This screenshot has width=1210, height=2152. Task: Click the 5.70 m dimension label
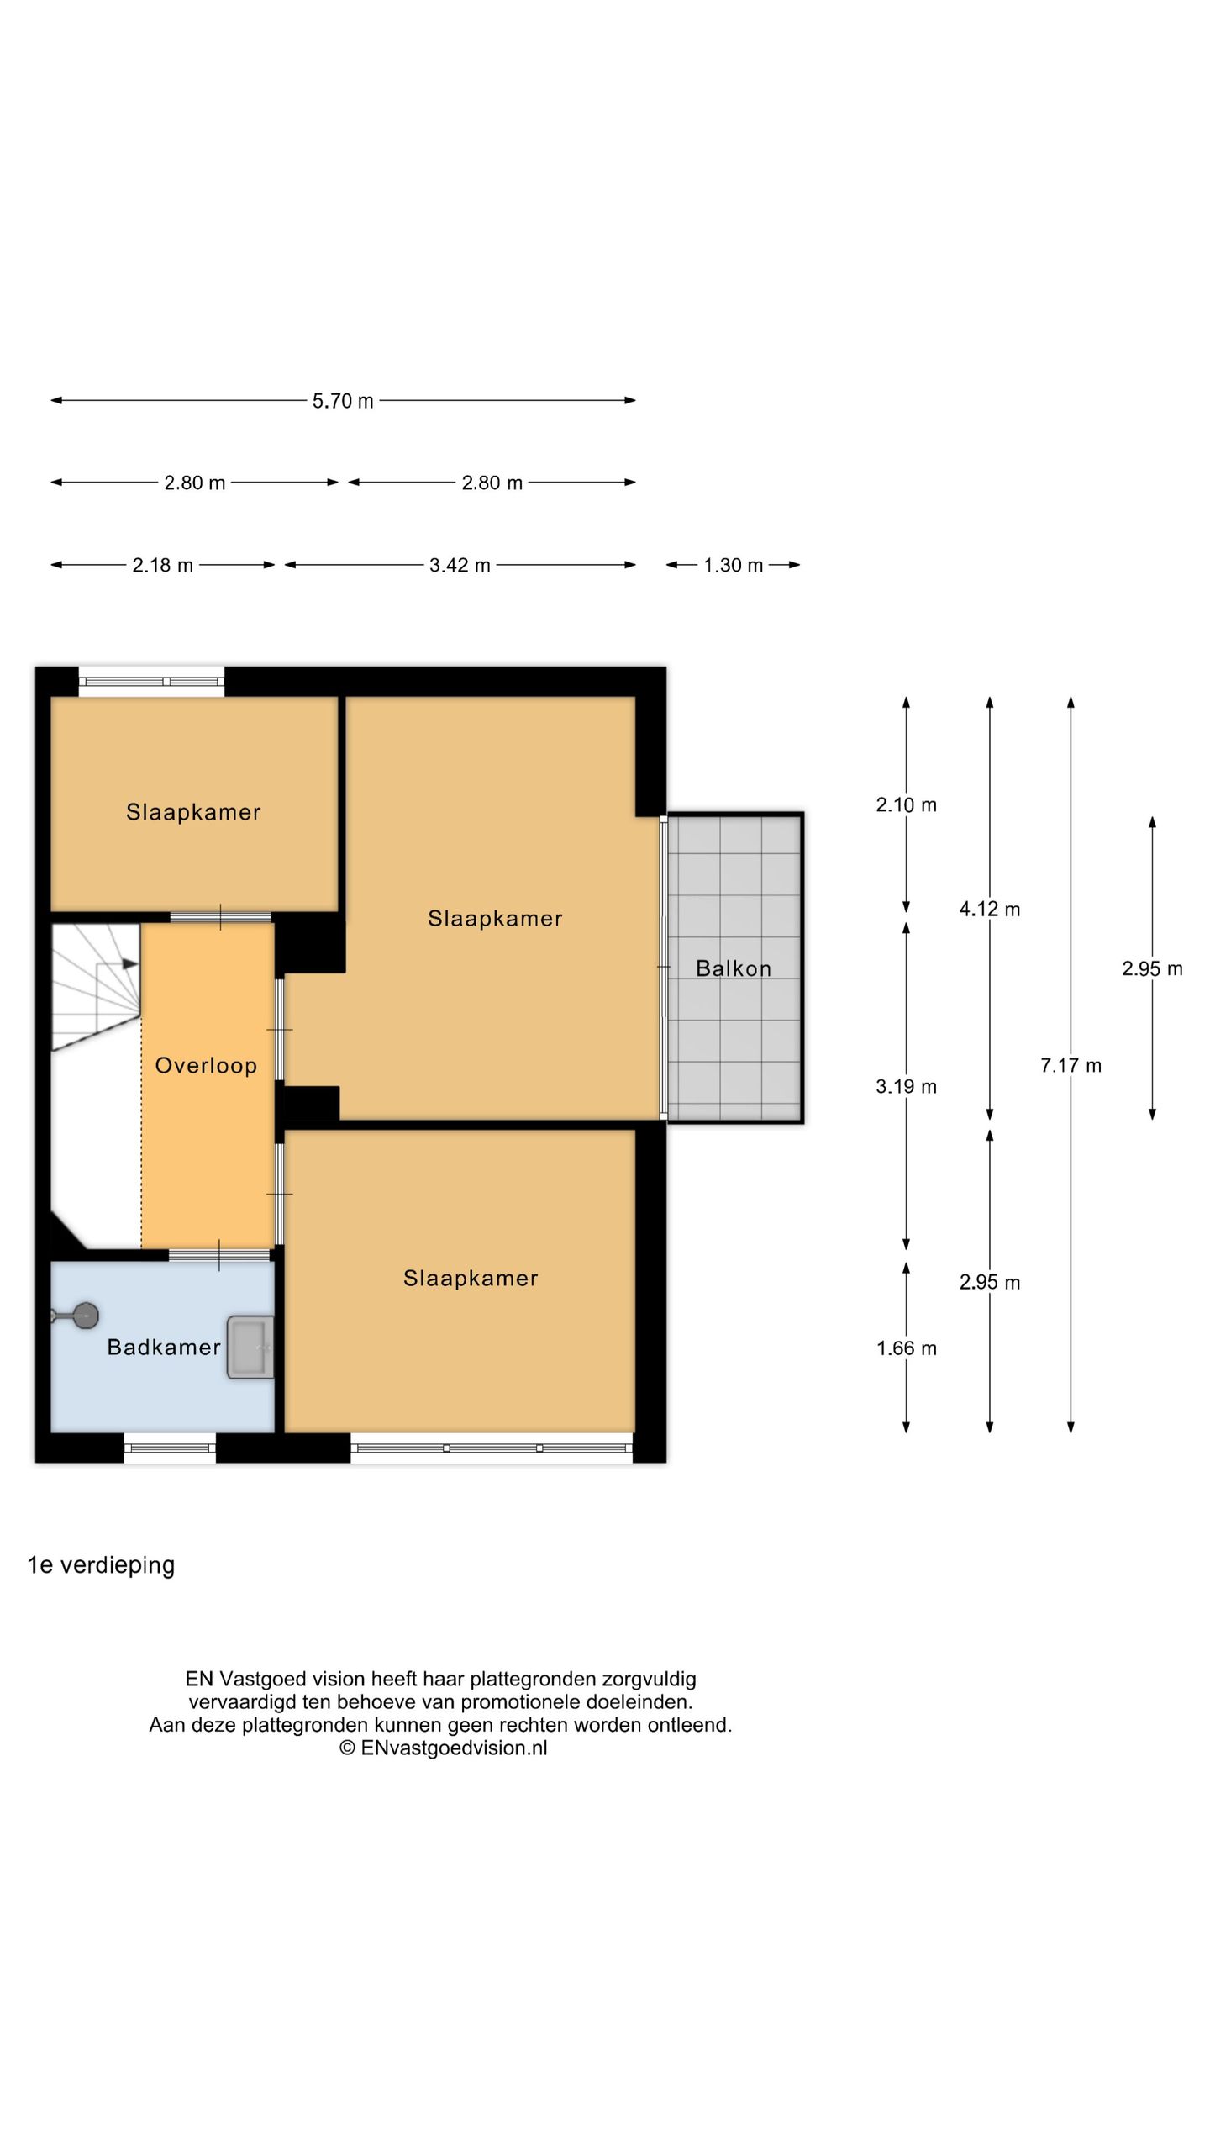tap(343, 401)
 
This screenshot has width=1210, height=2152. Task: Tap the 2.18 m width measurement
tap(162, 566)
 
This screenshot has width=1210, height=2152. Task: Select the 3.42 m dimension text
tap(460, 566)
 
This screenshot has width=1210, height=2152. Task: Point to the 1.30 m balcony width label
tap(734, 566)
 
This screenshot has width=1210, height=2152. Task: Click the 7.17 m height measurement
tap(1071, 1066)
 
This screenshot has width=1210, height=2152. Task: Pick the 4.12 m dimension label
tap(990, 910)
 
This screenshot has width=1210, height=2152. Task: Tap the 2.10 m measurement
tap(906, 805)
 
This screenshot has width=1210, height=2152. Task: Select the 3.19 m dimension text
tap(906, 1087)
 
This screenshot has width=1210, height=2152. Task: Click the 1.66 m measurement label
tap(906, 1349)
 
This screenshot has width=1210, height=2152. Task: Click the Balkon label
tap(734, 968)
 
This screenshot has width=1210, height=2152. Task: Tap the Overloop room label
tap(206, 1066)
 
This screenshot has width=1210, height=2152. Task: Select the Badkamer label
tap(164, 1348)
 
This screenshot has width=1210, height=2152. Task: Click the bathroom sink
tap(250, 1348)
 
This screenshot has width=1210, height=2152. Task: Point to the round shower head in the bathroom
tap(84, 1316)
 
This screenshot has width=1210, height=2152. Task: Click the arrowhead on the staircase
tap(130, 963)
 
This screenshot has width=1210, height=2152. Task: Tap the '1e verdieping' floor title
tap(101, 1566)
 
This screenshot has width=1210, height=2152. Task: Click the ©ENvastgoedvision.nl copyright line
tap(443, 1748)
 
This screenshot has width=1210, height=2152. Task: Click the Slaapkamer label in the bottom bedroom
tap(471, 1279)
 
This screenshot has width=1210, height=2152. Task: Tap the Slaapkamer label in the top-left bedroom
tap(193, 812)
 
